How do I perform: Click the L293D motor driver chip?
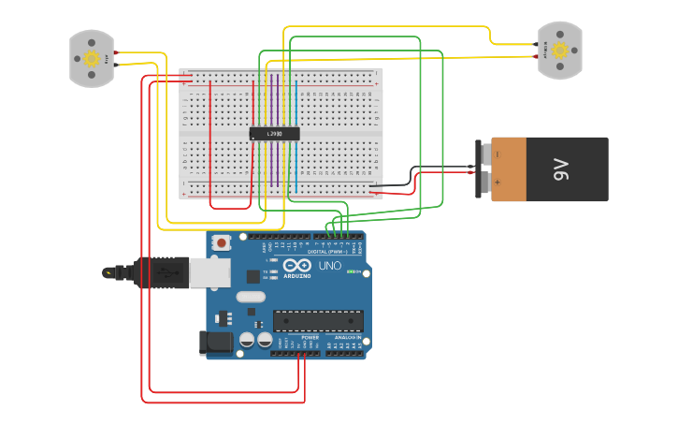[x=274, y=134]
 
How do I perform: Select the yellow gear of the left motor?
[x=92, y=58]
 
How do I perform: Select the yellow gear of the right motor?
[x=560, y=51]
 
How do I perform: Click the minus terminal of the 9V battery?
[x=497, y=154]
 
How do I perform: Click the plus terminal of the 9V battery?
[x=497, y=183]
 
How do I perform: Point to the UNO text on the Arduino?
[x=330, y=266]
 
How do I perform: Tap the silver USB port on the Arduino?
[x=210, y=272]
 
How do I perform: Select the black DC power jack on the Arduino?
[x=216, y=343]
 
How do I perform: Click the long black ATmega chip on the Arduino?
[x=318, y=320]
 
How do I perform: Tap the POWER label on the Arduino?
[x=310, y=337]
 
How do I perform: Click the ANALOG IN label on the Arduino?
[x=347, y=337]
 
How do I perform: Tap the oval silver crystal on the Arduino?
[x=251, y=297]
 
